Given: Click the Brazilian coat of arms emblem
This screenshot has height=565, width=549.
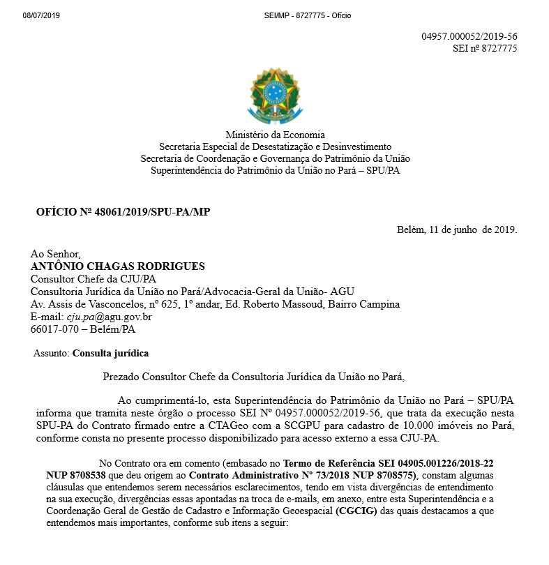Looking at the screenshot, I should click(276, 94).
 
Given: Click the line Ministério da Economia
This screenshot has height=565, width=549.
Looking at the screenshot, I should click(275, 135).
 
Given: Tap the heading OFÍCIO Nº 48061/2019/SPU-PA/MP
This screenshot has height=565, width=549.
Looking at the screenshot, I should click(123, 211).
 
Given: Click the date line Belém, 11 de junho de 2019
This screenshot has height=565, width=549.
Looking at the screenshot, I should click(457, 229).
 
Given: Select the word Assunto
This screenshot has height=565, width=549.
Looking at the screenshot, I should click(51, 354).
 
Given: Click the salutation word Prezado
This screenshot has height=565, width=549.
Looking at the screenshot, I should click(121, 377).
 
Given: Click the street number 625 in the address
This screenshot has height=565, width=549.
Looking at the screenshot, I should click(170, 305).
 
